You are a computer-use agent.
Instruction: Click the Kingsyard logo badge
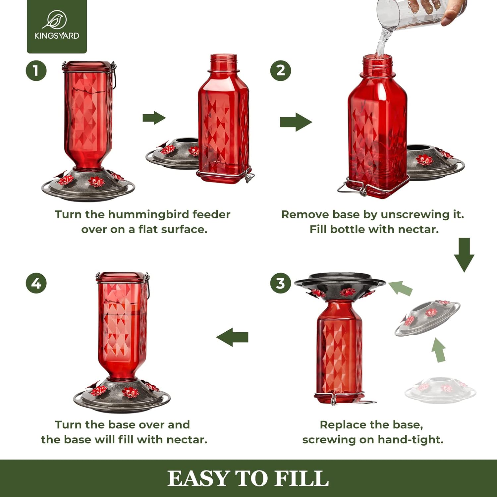57,27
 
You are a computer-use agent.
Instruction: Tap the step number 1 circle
36,71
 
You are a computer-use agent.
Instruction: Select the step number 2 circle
280,71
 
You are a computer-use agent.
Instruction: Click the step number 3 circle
280,283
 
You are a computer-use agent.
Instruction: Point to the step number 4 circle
36,283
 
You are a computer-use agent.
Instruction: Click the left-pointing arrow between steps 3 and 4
233,337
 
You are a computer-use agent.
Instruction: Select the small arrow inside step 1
154,118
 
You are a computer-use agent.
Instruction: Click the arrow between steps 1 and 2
296,122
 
